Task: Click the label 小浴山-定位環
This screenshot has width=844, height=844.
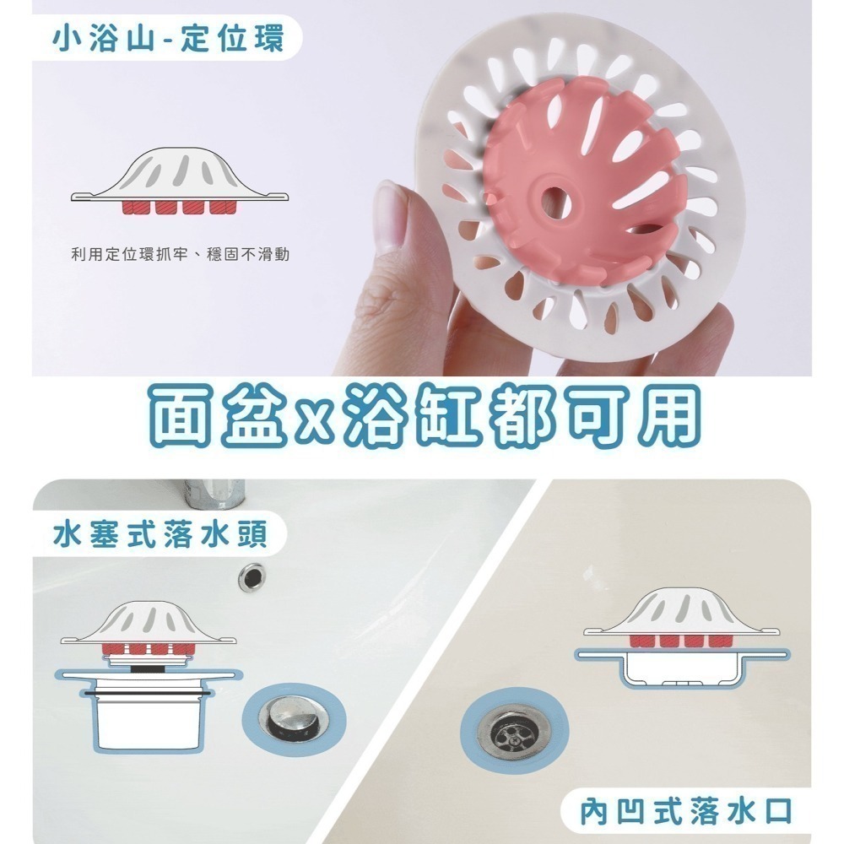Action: pyautogui.click(x=168, y=40)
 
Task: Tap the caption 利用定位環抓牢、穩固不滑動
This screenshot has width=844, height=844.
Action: pyautogui.click(x=181, y=254)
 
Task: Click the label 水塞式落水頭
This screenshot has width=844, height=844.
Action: pyautogui.click(x=160, y=535)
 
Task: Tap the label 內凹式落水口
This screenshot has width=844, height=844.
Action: pyautogui.click(x=686, y=812)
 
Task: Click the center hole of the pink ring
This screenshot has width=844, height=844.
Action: pyautogui.click(x=555, y=203)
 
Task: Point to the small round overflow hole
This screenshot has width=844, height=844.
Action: pyautogui.click(x=252, y=577)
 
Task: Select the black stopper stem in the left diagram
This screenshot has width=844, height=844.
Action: pyautogui.click(x=149, y=668)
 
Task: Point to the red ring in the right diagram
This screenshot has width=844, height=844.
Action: pyautogui.click(x=682, y=641)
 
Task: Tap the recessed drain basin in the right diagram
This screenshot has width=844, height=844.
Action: pyautogui.click(x=682, y=670)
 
